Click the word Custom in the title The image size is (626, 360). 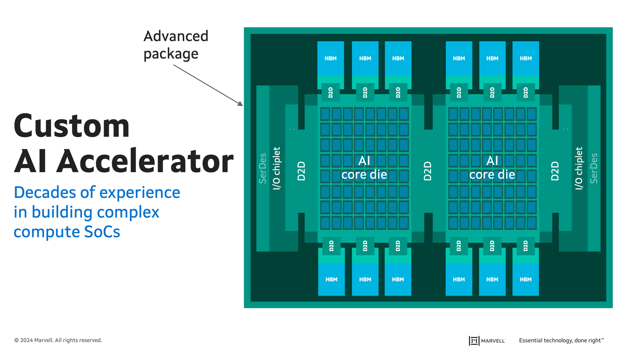pyautogui.click(x=72, y=126)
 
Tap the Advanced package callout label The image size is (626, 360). pyautogui.click(x=176, y=45)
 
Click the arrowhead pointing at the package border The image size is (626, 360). pyautogui.click(x=240, y=104)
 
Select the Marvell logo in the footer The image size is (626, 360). pyautogui.click(x=487, y=340)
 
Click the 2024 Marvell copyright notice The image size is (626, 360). pyautogui.click(x=58, y=340)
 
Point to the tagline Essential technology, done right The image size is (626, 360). pyautogui.click(x=561, y=340)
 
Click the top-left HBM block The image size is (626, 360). pyautogui.click(x=331, y=58)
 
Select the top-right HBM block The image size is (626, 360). pyautogui.click(x=526, y=58)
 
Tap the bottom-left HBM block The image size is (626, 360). pyautogui.click(x=331, y=279)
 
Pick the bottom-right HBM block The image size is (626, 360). pyautogui.click(x=526, y=279)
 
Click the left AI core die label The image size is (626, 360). pyautogui.click(x=364, y=168)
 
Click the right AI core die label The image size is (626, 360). pyautogui.click(x=492, y=168)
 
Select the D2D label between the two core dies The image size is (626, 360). pyautogui.click(x=428, y=171)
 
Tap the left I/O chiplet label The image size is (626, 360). pyautogui.click(x=277, y=169)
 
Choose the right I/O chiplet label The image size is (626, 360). pyautogui.click(x=579, y=169)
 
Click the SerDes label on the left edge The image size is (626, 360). pyautogui.click(x=263, y=168)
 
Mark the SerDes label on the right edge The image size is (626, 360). pyautogui.click(x=594, y=168)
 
